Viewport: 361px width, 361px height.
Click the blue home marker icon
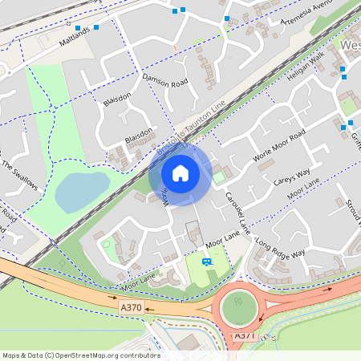pyautogui.click(x=180, y=173)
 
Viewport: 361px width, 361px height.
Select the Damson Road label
pyautogui.click(x=164, y=80)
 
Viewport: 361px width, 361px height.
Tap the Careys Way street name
pyautogui.click(x=292, y=176)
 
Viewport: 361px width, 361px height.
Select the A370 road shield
pyautogui.click(x=131, y=306)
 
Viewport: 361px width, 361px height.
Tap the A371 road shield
pyautogui.click(x=245, y=334)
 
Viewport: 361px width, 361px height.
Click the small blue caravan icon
pyautogui.click(x=207, y=262)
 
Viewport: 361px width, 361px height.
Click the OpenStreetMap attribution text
pyautogui.click(x=80, y=355)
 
